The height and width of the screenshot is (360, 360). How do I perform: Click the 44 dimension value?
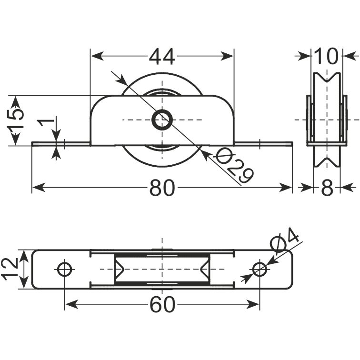click(162, 57)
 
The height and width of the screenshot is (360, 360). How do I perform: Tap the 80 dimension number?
click(162, 188)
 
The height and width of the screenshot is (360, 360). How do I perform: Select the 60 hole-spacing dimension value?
click(162, 304)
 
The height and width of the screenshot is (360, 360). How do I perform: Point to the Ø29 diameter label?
click(233, 165)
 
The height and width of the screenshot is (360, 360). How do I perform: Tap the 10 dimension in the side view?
click(326, 57)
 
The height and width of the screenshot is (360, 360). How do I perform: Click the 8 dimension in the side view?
click(327, 188)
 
